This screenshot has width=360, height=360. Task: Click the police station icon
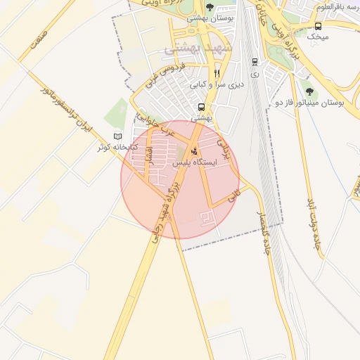pos(195,149)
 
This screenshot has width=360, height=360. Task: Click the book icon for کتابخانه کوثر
pos(117,136)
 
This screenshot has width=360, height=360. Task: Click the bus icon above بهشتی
pos(202,108)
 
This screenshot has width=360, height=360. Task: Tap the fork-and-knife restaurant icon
pos(217,72)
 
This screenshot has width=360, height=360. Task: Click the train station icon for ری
pos(254,61)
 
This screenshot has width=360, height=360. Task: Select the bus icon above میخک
pos(319,26)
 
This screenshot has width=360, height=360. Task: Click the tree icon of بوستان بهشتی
pos(210,7)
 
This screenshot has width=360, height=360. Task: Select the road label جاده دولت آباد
pos(311,223)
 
